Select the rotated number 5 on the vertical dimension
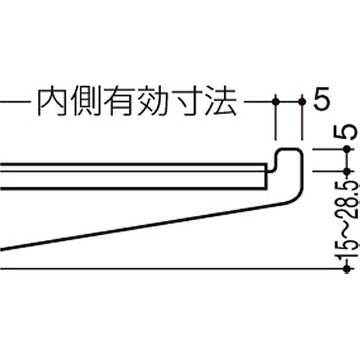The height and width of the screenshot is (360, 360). pyautogui.click(x=346, y=133)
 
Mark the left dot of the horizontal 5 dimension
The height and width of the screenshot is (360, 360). pyautogui.click(x=276, y=102)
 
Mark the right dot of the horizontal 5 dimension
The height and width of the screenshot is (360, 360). pyautogui.click(x=302, y=102)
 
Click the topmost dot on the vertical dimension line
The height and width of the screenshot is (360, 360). pyautogui.click(x=346, y=150)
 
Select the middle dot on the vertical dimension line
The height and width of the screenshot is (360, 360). pyautogui.click(x=346, y=171)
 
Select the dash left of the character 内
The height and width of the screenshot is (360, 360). pyautogui.click(x=17, y=102)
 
